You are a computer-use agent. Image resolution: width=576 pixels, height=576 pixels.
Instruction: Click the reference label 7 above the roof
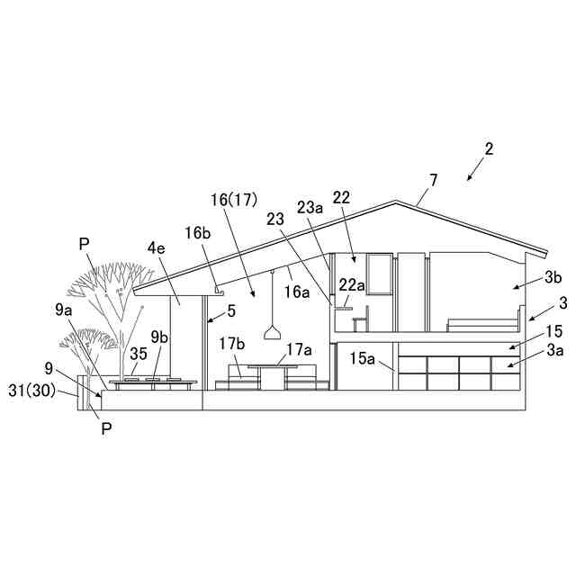tap(434, 180)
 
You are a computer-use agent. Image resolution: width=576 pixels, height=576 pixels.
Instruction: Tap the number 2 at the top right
tap(488, 148)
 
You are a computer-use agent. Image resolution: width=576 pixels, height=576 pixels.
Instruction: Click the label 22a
tap(352, 285)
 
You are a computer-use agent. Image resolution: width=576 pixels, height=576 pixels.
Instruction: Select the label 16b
tap(198, 232)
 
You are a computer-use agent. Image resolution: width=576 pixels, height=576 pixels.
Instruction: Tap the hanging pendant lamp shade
tap(272, 334)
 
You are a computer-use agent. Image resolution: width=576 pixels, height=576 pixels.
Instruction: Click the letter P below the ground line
tap(105, 429)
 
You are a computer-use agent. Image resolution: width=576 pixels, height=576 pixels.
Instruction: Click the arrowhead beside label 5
tap(209, 317)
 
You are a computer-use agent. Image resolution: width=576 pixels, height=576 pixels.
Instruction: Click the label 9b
tap(159, 337)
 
